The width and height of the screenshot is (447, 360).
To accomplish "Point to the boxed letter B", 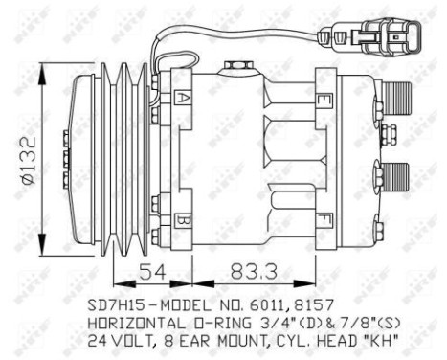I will point(182,219).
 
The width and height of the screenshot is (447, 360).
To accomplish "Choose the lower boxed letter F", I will point(326,219).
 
